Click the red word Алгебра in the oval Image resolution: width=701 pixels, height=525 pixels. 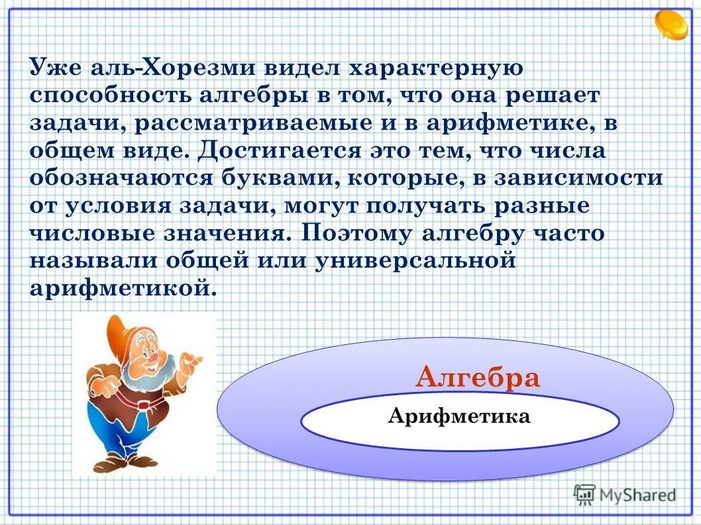tap(478, 377)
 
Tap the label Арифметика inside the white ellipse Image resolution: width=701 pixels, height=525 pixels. tap(459, 416)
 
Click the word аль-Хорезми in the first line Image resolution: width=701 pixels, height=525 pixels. tap(168, 68)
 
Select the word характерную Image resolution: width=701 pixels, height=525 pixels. tap(437, 68)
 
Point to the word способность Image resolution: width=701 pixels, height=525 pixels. tap(109, 95)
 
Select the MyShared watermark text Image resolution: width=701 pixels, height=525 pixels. tap(637, 494)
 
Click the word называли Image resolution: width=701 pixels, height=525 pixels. tap(87, 261)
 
